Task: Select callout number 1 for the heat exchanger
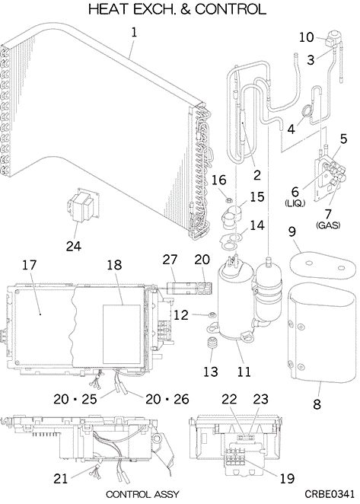coord(134,32)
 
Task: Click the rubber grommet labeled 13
coord(211,343)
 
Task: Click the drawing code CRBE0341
coord(330,493)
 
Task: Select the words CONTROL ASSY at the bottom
coord(142,494)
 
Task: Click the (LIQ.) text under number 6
coord(295,203)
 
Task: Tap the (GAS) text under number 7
coord(328,225)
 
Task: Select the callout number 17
coord(30,265)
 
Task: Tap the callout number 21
coord(61,479)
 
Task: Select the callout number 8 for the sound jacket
coord(317,404)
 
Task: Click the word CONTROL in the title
coord(231,9)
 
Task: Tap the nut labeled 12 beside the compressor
coord(212,315)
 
